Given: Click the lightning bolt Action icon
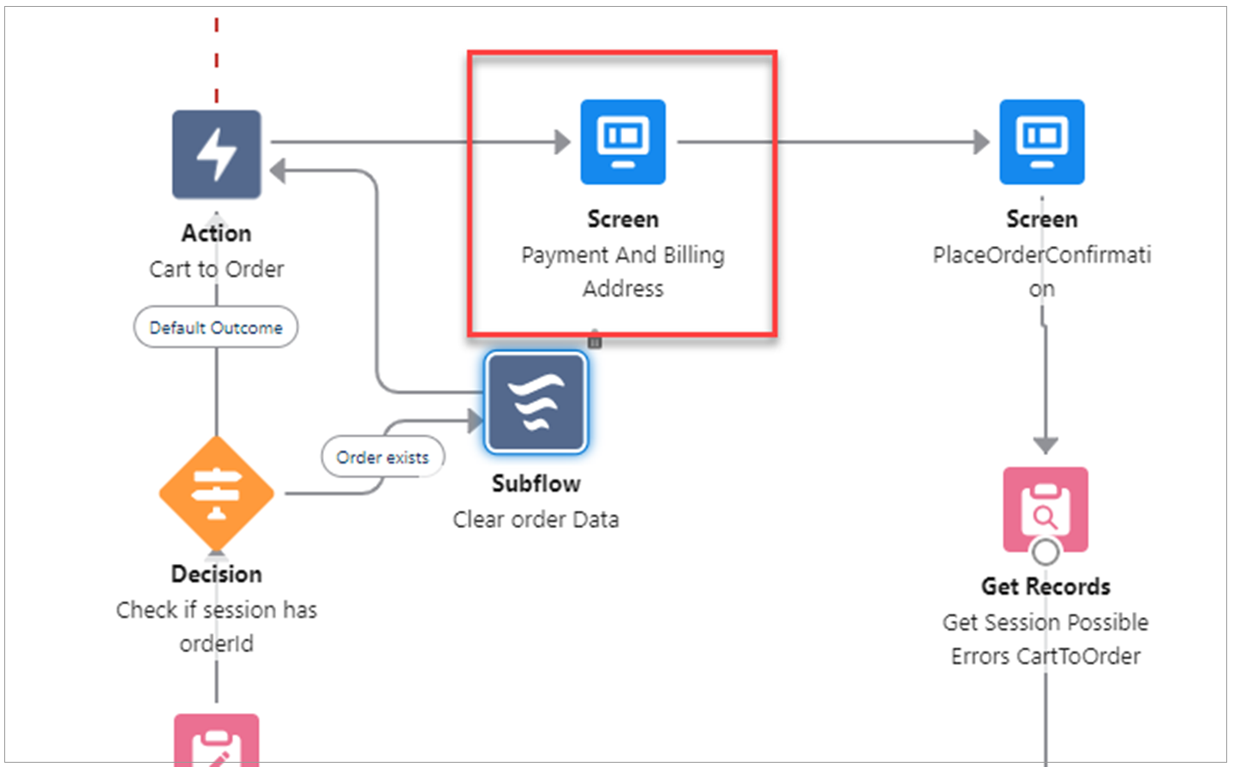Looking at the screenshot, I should point(216,154).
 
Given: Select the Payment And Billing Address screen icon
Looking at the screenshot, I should point(623,141).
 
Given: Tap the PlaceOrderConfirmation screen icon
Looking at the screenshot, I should point(1042,141).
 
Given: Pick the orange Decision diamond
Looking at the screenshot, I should point(217,493).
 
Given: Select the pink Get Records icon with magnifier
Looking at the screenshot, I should point(1045,509).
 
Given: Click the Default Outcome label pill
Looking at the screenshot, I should point(216,327).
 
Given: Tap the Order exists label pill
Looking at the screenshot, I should point(382,458).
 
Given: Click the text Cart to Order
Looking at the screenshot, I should point(216,269).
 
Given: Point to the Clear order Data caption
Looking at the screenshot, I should point(536,519).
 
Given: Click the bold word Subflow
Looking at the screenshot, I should point(536,483).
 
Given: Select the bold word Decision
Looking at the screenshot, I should point(216,573).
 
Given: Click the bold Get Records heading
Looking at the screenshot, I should point(1045,586).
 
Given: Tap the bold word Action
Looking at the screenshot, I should point(216,233).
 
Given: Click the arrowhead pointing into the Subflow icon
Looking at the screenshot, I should point(476,420).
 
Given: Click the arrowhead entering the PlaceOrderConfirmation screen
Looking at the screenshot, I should point(981,141).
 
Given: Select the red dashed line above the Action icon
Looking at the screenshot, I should point(216,60).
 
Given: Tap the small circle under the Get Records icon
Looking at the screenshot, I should point(1045,551).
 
